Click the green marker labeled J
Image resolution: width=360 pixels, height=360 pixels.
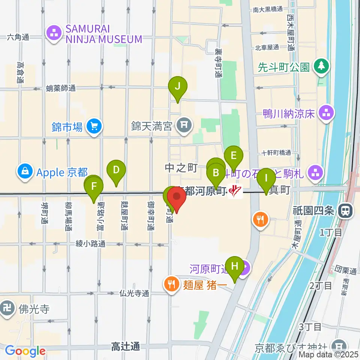(178, 87)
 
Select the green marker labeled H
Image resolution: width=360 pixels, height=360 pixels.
(235, 266)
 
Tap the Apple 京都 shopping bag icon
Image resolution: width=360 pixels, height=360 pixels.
(25, 172)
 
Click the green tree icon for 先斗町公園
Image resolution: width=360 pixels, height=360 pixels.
(322, 67)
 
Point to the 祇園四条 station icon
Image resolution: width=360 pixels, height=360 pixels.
(344, 211)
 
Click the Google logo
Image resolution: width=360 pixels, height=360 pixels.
(25, 351)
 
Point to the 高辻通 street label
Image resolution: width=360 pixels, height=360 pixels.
(125, 347)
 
